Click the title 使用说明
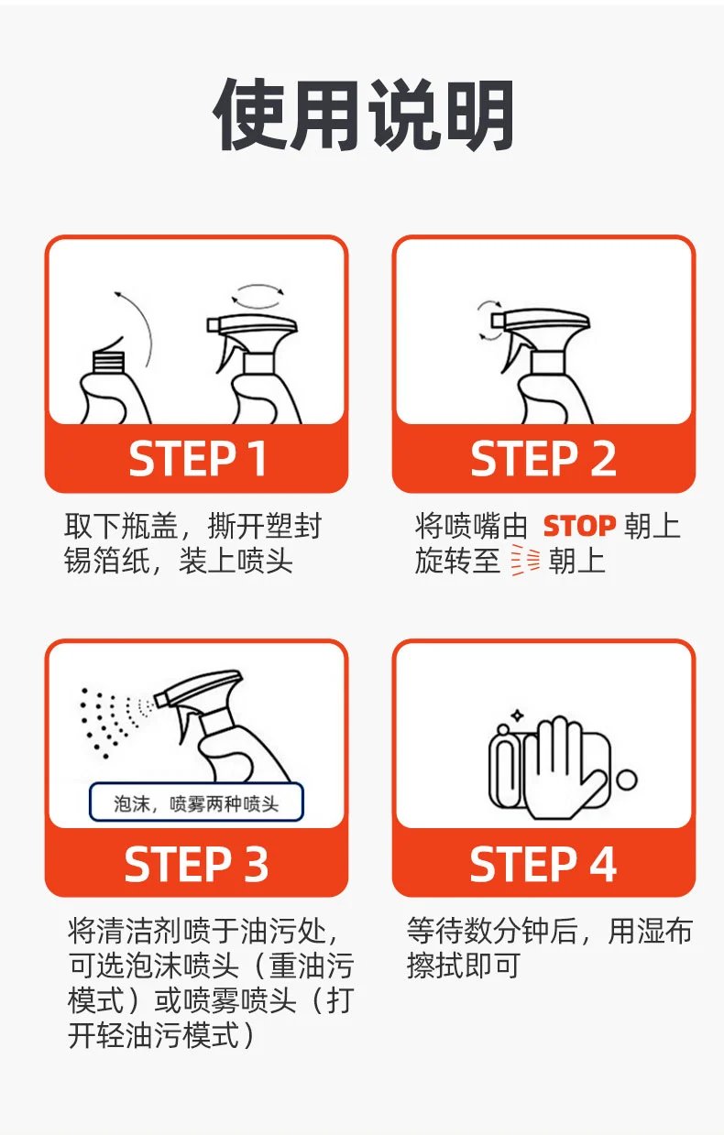click(363, 115)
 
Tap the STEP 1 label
click(197, 459)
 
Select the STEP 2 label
click(543, 459)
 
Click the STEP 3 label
click(196, 864)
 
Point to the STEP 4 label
click(543, 864)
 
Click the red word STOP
click(579, 526)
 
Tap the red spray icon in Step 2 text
click(525, 561)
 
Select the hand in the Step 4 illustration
click(564, 768)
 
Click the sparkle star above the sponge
click(517, 715)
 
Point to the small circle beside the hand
click(627, 780)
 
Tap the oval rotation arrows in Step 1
click(258, 297)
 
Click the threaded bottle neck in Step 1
click(108, 361)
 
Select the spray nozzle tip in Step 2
click(497, 321)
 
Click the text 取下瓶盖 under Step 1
click(121, 526)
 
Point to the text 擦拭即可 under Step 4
click(463, 966)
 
